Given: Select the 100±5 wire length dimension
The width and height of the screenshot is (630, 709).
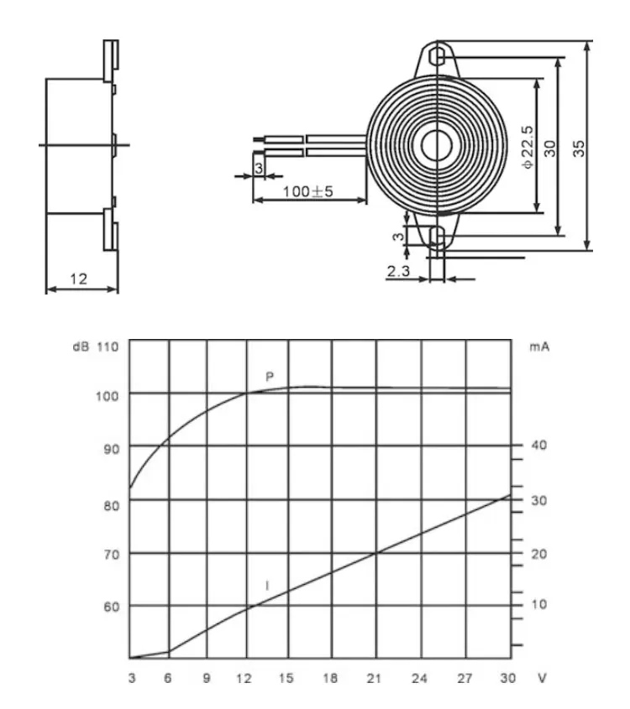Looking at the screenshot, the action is click(x=307, y=191).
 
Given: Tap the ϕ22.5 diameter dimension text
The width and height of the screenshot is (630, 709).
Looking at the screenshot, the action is click(x=528, y=147).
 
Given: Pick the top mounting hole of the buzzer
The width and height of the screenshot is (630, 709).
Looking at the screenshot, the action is click(x=437, y=56).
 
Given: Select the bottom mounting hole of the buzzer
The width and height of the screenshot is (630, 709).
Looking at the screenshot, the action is click(x=437, y=237).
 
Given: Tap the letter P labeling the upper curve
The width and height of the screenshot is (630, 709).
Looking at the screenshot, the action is click(x=270, y=378).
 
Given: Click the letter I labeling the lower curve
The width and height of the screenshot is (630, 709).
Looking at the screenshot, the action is click(x=267, y=586).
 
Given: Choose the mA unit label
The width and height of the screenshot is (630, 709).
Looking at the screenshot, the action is click(x=539, y=346).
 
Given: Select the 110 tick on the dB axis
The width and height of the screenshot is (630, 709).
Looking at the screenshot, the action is click(x=108, y=346).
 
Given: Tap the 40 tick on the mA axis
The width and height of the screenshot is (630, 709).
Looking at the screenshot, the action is click(x=538, y=446).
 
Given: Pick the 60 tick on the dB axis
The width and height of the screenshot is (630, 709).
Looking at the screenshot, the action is click(x=112, y=606).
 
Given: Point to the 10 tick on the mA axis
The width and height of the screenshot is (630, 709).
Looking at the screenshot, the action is click(x=538, y=605).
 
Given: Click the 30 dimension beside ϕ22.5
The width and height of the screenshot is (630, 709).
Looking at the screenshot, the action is click(x=550, y=147).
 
